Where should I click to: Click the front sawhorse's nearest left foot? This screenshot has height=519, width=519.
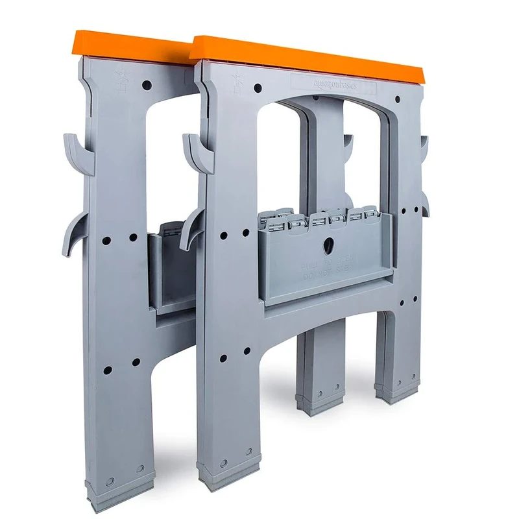click(x=230, y=476)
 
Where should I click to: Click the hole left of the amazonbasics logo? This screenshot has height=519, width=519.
click(x=258, y=87)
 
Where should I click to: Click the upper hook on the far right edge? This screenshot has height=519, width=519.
click(x=424, y=147)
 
